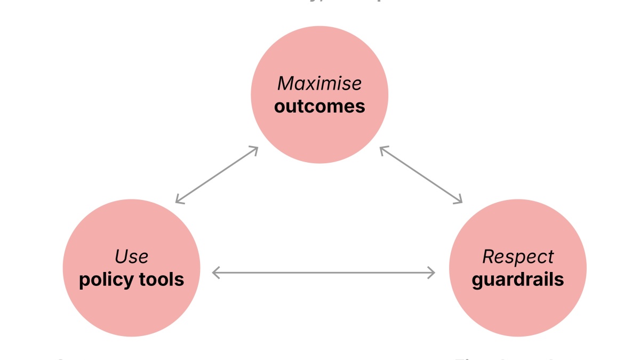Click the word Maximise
pyautogui.click(x=319, y=83)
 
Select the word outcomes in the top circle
pyautogui.click(x=319, y=106)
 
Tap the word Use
pyautogui.click(x=131, y=257)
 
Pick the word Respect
pyautogui.click(x=518, y=257)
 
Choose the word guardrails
pyautogui.click(x=518, y=279)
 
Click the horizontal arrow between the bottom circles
pyautogui.click(x=323, y=273)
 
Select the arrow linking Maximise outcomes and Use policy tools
pyautogui.click(x=217, y=175)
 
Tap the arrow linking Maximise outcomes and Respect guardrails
pyautogui.click(x=421, y=175)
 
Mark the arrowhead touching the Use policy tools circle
pyautogui.click(x=179, y=201)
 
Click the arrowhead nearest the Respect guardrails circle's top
pyautogui.click(x=459, y=201)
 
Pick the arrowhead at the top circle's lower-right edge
pyautogui.click(x=382, y=149)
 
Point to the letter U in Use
pyautogui.click(x=121, y=257)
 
